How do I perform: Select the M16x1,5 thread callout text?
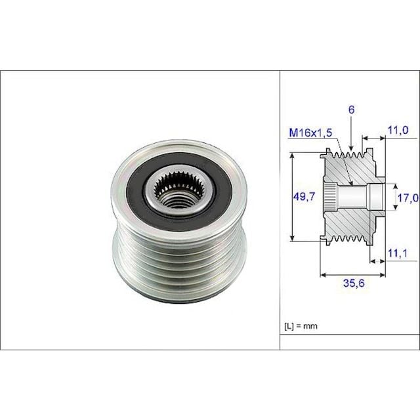click(310, 133)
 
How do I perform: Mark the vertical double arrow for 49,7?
click(291, 196)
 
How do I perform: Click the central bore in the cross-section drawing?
click(358, 196)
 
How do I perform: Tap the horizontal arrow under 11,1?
click(376, 261)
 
